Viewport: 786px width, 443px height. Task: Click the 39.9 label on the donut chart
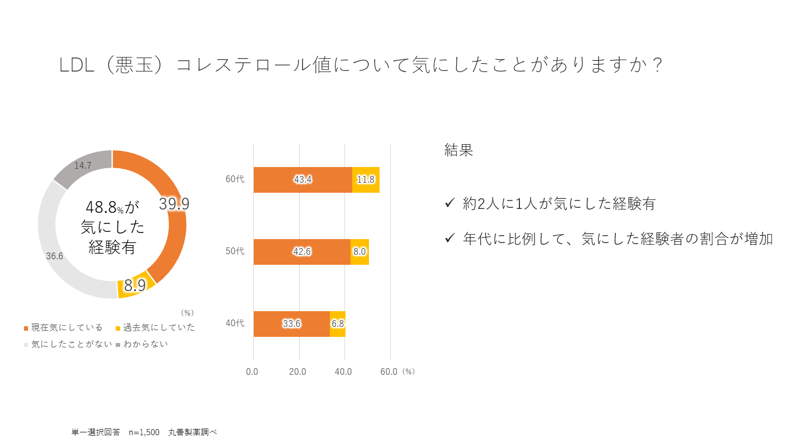point(174,204)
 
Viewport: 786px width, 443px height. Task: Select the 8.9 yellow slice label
point(135,285)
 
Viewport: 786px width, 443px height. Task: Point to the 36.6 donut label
point(54,256)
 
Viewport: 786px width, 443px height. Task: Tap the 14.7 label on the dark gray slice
point(83,166)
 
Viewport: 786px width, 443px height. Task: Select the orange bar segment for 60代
point(302,180)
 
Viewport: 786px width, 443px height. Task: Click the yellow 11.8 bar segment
point(366,180)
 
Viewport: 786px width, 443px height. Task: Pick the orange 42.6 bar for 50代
point(302,252)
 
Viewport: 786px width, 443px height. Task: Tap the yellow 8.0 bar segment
point(359,252)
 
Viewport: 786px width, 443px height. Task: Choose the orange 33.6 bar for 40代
point(291,324)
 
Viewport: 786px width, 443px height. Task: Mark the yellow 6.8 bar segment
point(338,324)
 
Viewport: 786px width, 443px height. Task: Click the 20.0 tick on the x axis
point(297,371)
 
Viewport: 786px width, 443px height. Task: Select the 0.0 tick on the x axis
point(252,371)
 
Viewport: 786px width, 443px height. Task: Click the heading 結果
point(458,150)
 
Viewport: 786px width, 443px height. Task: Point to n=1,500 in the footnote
point(144,432)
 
